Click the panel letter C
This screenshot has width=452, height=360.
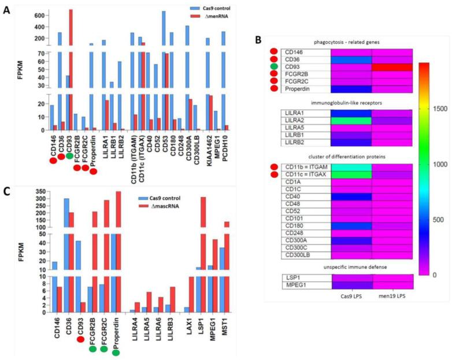click(x=6, y=191)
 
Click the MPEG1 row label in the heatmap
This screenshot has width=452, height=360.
click(x=294, y=284)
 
